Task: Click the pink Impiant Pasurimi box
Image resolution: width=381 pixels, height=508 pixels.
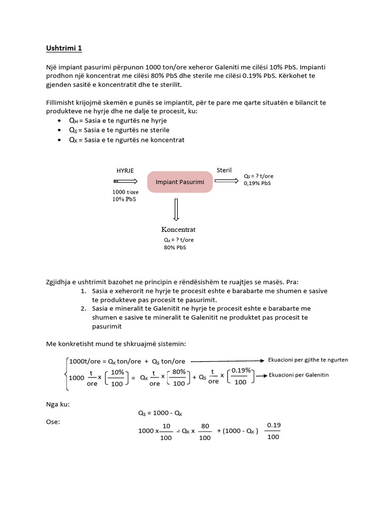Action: coord(180,182)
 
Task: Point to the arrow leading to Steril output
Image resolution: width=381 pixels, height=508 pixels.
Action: coord(226,181)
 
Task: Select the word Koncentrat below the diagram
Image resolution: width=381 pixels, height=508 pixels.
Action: coord(179,230)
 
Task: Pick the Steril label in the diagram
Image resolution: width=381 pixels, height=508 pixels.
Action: coord(224,170)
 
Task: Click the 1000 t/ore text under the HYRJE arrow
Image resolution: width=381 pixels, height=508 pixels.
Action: coord(126,192)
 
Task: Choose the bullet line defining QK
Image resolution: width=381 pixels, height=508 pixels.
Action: coord(127,140)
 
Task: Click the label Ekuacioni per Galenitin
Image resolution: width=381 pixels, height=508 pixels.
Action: coord(299,375)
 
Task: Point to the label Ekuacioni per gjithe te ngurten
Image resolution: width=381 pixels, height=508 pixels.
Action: coord(308,360)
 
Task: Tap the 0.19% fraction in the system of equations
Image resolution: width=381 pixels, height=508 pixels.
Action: coord(241,377)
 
